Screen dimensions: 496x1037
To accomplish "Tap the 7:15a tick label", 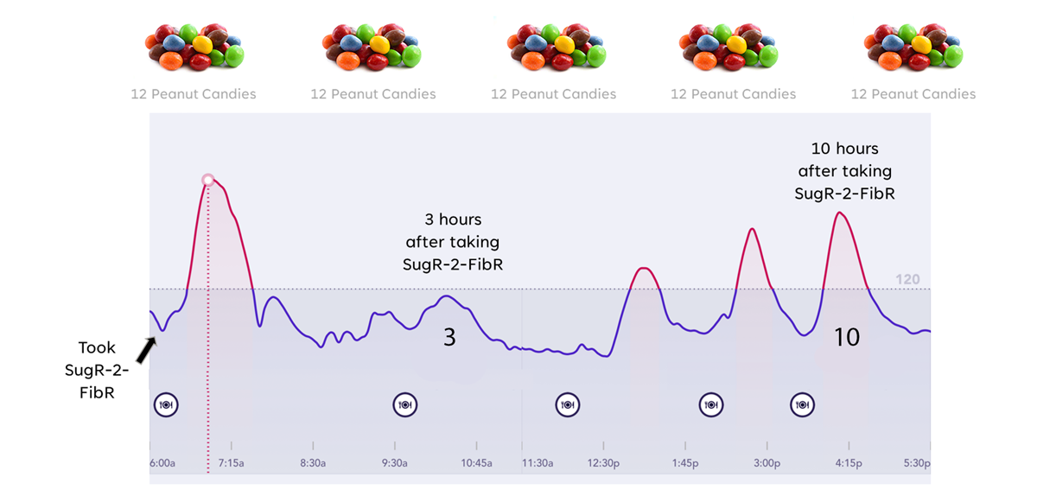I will [231, 463].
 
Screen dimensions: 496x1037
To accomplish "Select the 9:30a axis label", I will [395, 463].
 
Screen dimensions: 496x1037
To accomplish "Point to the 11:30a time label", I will [538, 463].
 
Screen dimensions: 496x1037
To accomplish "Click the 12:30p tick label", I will [603, 463].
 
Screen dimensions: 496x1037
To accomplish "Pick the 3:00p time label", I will [767, 463].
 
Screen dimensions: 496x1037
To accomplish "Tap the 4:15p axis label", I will [849, 463].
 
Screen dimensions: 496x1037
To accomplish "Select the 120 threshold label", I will [907, 279].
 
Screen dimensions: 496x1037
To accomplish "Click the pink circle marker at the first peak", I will [207, 180].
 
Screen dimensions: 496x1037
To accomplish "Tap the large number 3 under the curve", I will [449, 337].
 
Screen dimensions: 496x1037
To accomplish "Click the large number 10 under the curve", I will [847, 337].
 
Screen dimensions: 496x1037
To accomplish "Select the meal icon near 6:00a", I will [166, 404].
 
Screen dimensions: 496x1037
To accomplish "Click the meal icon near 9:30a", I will [404, 404].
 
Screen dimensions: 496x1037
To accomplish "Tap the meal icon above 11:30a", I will [567, 404].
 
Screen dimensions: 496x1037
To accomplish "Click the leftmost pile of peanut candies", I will [194, 48].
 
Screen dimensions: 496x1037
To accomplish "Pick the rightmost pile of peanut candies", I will [913, 48].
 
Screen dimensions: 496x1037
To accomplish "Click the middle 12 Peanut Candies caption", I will [553, 94].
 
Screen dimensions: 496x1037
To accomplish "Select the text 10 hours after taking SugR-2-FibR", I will [844, 171].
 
